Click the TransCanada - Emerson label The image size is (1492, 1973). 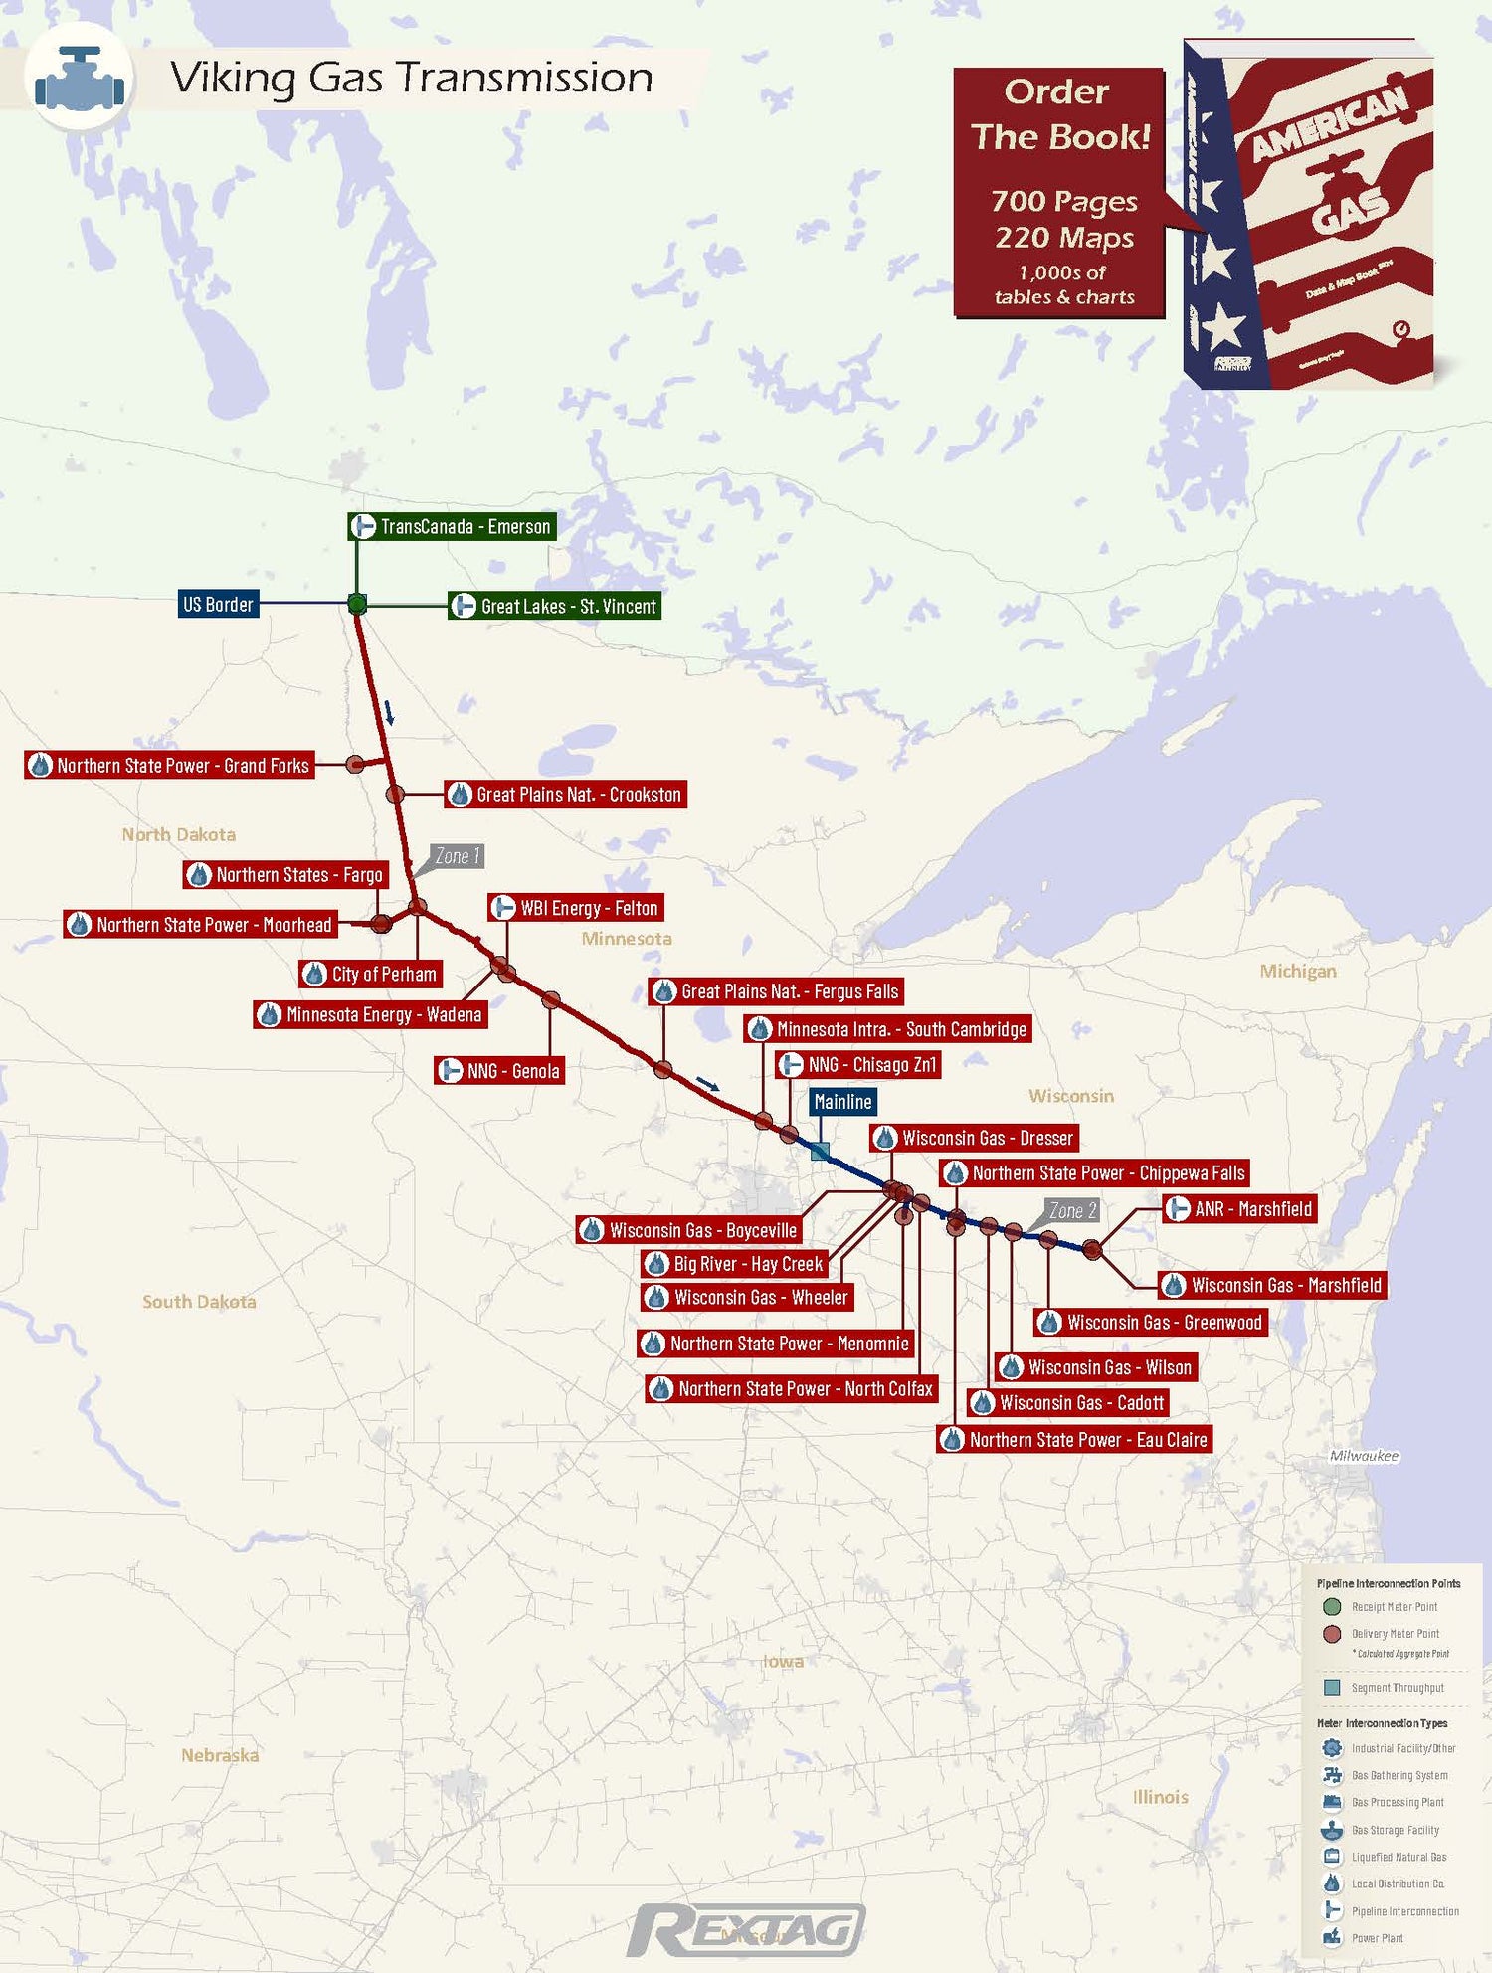(452, 526)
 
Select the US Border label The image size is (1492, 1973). (219, 604)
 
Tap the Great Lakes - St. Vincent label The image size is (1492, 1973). (554, 606)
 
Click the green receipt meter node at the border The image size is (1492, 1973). (357, 603)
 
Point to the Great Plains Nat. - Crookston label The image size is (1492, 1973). (565, 794)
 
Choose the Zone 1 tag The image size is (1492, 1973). (457, 856)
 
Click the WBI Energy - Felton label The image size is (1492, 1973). (576, 908)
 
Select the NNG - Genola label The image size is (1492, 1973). (500, 1071)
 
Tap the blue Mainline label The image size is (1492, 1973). (842, 1102)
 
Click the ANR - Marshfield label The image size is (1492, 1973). (1240, 1209)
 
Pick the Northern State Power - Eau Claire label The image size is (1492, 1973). (1074, 1440)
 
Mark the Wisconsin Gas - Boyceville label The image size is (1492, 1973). (689, 1230)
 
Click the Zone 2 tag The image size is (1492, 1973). (1072, 1210)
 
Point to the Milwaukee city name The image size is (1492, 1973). (1364, 1456)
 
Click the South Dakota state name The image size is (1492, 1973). (199, 1302)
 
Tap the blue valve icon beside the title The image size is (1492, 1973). (80, 79)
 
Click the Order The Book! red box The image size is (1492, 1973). (1059, 192)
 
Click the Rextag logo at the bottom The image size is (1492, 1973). (746, 1931)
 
